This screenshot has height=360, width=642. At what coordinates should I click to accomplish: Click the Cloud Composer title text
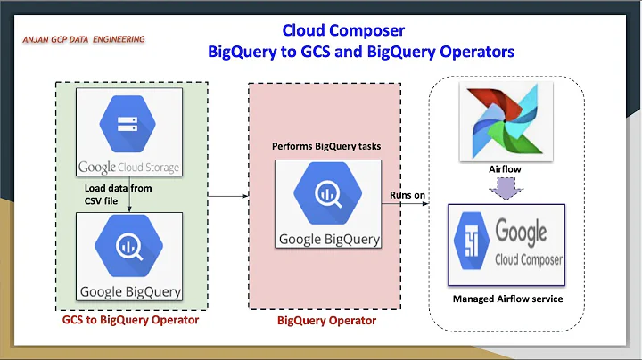point(343,31)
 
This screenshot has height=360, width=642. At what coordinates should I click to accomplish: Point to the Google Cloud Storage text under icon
point(130,167)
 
